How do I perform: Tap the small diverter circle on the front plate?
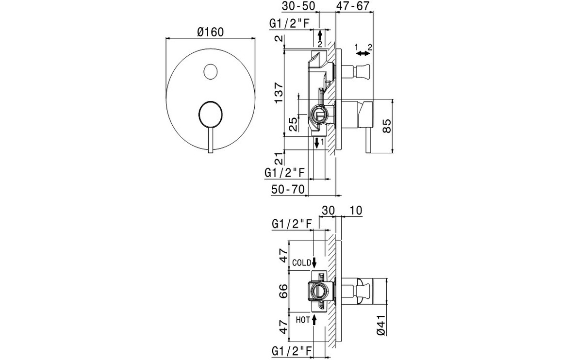click(210, 71)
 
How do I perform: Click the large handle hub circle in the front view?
click(210, 115)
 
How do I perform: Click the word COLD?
click(301, 263)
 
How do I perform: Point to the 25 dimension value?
click(293, 125)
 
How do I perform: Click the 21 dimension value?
click(278, 158)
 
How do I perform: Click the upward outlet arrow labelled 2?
click(319, 36)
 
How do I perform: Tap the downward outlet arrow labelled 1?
click(316, 142)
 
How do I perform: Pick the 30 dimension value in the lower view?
click(329, 210)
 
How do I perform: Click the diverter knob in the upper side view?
click(362, 71)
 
